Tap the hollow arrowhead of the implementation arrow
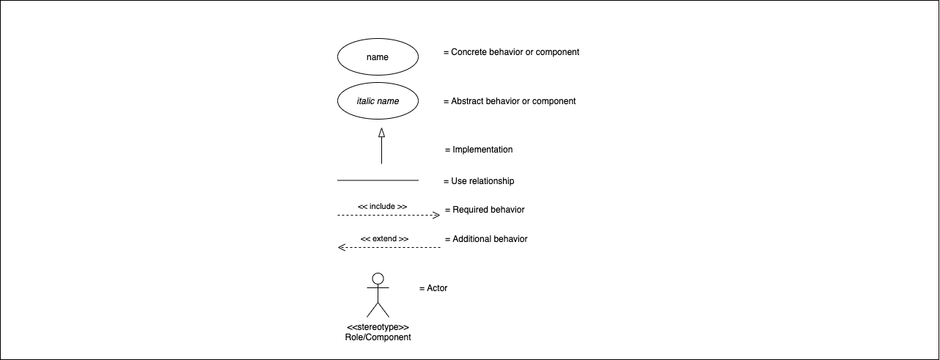(x=381, y=133)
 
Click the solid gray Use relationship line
(x=378, y=180)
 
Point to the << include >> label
(x=382, y=207)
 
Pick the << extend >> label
(x=384, y=239)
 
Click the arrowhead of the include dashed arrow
(x=436, y=216)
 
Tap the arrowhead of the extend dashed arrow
(x=342, y=248)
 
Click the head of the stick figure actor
(x=378, y=279)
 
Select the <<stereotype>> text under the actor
(x=378, y=327)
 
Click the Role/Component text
(x=378, y=337)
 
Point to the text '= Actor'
(x=433, y=288)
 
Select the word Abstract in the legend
(x=466, y=101)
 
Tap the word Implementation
(x=482, y=150)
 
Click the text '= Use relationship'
(x=479, y=181)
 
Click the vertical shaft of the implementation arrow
(x=381, y=150)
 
